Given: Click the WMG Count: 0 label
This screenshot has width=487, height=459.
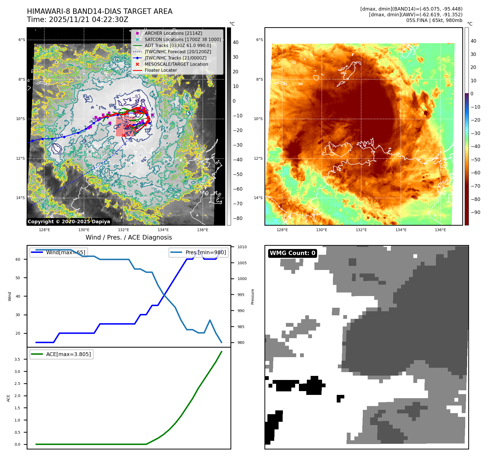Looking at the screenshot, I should (x=292, y=253).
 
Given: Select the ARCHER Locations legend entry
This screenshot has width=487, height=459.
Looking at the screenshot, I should (x=173, y=33).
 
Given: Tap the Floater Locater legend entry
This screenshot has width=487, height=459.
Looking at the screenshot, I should (x=161, y=70).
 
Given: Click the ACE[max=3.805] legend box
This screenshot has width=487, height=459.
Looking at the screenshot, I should (x=61, y=354).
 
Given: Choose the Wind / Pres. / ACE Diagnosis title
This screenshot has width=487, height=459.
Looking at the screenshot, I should (x=129, y=237).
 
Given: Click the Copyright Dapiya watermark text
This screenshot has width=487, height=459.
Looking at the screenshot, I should (x=69, y=222).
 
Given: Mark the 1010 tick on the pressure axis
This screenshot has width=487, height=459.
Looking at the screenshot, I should (x=242, y=247).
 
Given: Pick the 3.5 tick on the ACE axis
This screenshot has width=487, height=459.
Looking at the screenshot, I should (x=17, y=359).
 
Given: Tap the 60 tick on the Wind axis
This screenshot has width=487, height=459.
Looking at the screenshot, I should (x=18, y=259).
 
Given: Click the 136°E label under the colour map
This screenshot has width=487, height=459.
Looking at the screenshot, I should (x=440, y=230).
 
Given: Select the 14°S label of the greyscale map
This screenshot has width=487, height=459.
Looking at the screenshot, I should (x=20, y=198).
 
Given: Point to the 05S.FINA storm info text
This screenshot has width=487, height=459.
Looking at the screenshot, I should (x=434, y=20).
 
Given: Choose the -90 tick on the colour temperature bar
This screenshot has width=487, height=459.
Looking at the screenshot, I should (x=475, y=212).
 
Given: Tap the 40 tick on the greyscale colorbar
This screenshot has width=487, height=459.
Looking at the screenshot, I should (x=236, y=42).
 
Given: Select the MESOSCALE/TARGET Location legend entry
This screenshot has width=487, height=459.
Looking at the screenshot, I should (x=176, y=64).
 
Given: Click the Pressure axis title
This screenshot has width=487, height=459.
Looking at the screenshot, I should (x=252, y=297).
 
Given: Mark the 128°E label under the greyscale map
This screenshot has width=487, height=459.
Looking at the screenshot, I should (x=44, y=230).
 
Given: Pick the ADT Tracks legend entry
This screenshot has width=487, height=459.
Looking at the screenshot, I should (x=178, y=45).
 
